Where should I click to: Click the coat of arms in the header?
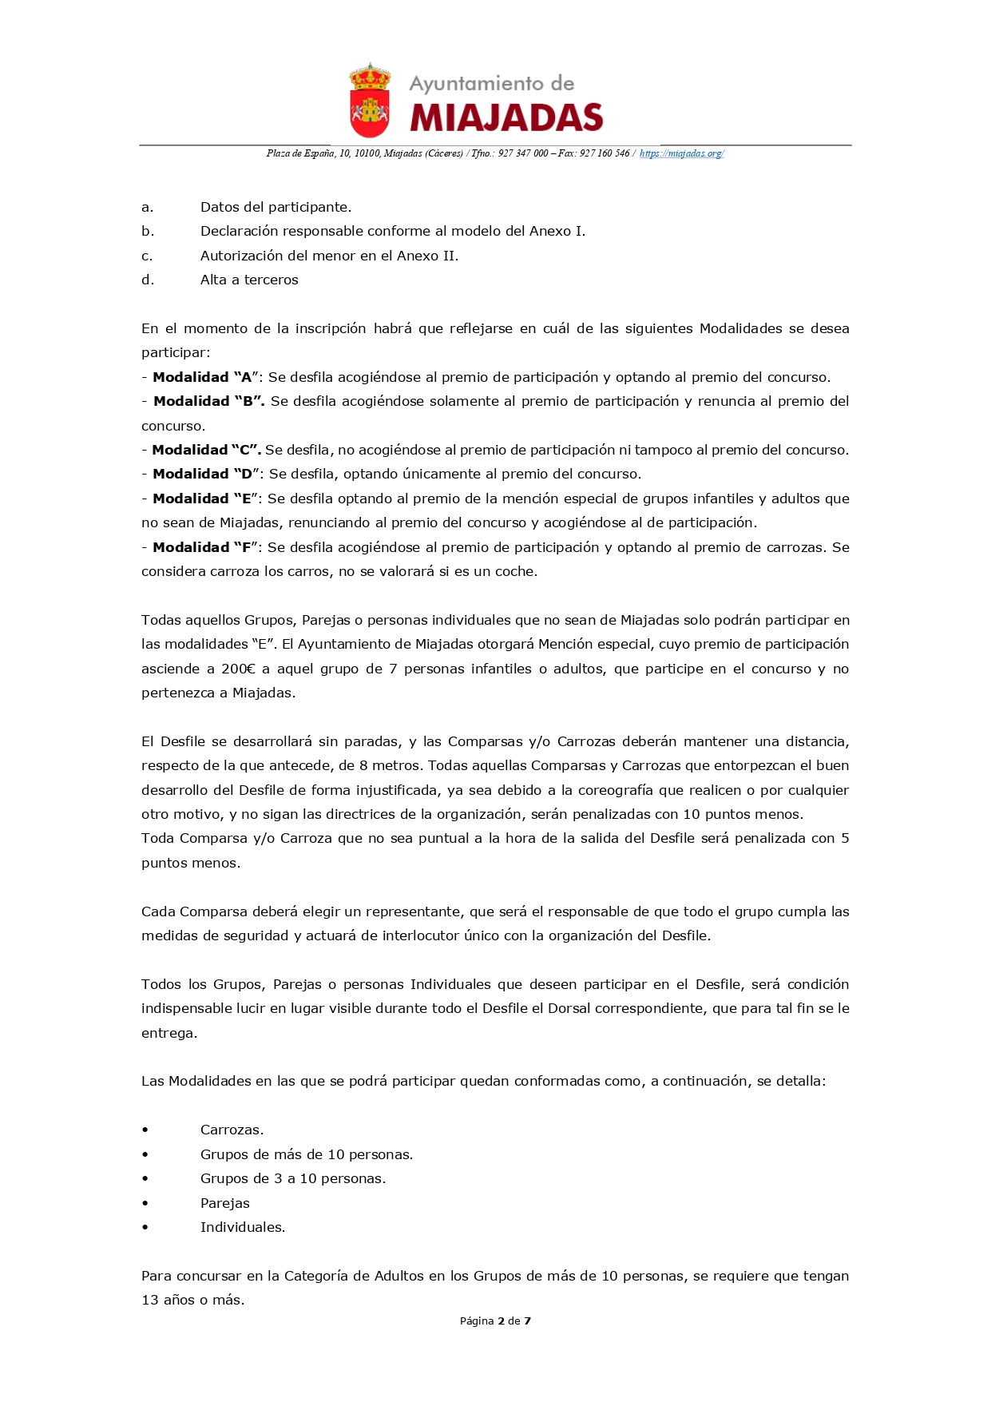coord(370,101)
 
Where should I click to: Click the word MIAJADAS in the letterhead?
coord(506,118)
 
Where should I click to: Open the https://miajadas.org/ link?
coord(681,153)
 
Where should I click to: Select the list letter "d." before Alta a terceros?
coord(148,280)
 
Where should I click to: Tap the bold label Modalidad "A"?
coord(203,377)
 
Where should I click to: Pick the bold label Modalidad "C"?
coord(206,450)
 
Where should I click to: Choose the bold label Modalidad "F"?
coord(203,547)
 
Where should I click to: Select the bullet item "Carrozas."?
coord(232,1130)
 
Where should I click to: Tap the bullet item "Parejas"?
coord(225,1203)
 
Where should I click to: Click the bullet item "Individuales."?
coord(243,1227)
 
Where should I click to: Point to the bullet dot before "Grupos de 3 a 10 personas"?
coord(145,1178)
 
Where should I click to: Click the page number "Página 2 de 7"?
coord(495,1321)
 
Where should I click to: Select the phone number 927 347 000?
coord(523,153)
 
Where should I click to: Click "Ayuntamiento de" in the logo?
coord(491,84)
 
